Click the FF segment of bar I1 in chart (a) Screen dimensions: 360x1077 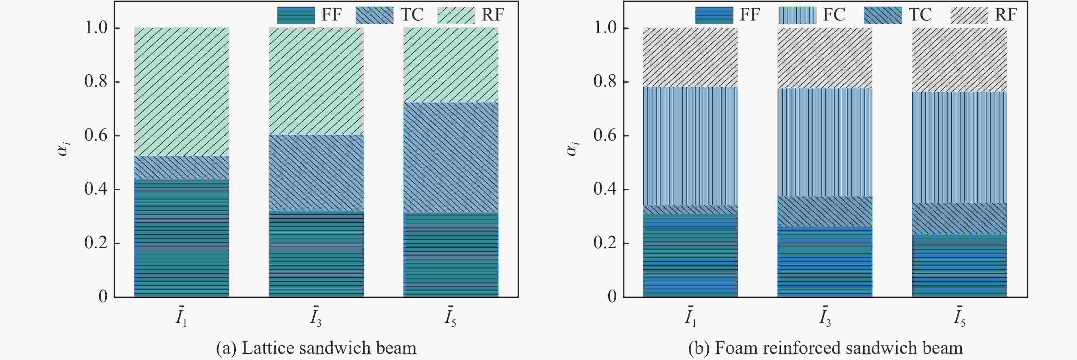(181, 238)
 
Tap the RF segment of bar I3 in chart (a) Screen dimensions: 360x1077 (316, 81)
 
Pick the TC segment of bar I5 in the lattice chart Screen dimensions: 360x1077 (451, 157)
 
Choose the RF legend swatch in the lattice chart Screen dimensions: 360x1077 (456, 15)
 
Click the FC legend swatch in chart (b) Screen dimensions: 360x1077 (797, 15)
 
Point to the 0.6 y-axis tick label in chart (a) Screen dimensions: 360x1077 (96, 136)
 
